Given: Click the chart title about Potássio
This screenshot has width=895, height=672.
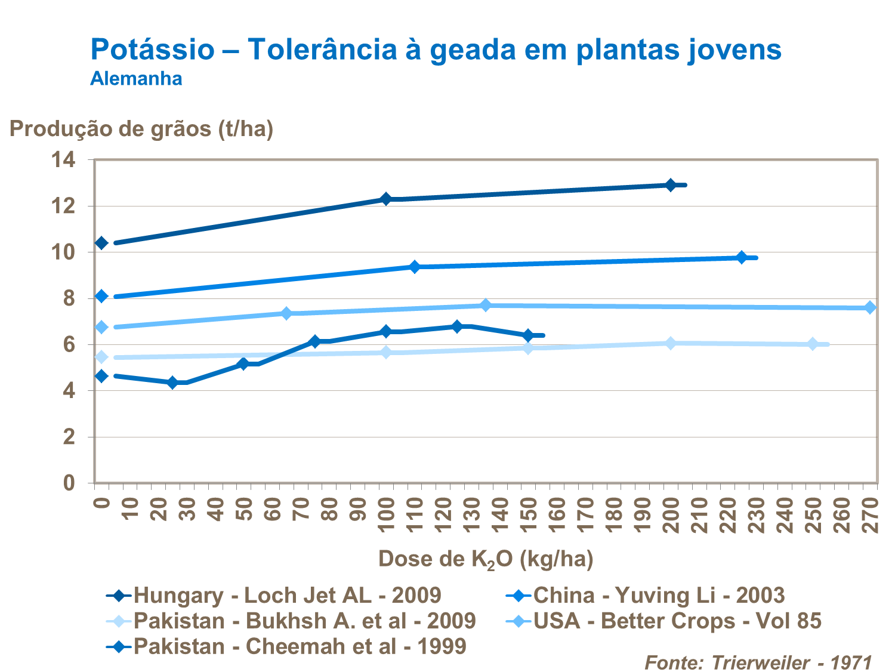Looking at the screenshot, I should click(436, 49).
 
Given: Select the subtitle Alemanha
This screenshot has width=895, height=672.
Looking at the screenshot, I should click(136, 79).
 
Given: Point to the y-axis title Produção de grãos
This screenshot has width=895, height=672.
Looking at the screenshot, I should click(141, 128).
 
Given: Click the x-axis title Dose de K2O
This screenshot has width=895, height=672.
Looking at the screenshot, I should click(486, 559).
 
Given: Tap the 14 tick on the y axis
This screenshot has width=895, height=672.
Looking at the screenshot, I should click(64, 160).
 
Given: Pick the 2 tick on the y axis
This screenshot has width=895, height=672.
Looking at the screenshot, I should click(69, 437).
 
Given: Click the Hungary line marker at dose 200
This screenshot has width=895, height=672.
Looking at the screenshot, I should click(671, 185).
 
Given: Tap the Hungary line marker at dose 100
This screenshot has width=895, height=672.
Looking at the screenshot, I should click(386, 199).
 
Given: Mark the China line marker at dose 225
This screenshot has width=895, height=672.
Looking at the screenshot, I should click(742, 257).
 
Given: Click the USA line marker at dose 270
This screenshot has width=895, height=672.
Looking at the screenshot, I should click(870, 307).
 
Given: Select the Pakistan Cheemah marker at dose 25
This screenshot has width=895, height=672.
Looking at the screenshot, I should click(173, 383).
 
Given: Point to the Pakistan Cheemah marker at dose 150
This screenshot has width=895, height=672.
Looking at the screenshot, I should click(528, 335).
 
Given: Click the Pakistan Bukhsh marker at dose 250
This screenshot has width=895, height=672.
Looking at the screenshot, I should click(813, 344).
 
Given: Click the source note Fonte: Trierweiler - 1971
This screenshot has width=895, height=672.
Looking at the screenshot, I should click(758, 662).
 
